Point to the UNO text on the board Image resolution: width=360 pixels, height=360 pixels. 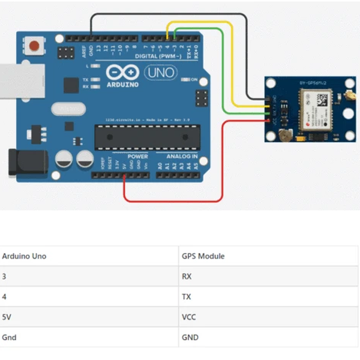point(159,73)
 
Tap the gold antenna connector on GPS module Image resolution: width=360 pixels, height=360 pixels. point(348,95)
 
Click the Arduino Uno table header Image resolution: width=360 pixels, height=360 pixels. point(24,256)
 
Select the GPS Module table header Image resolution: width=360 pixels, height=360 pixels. point(203,256)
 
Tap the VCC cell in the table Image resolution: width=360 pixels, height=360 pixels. point(189,317)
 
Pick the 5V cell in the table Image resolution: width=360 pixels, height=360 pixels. point(7,317)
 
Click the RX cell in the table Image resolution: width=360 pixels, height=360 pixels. point(187,277)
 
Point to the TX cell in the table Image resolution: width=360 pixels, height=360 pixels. point(187,297)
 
